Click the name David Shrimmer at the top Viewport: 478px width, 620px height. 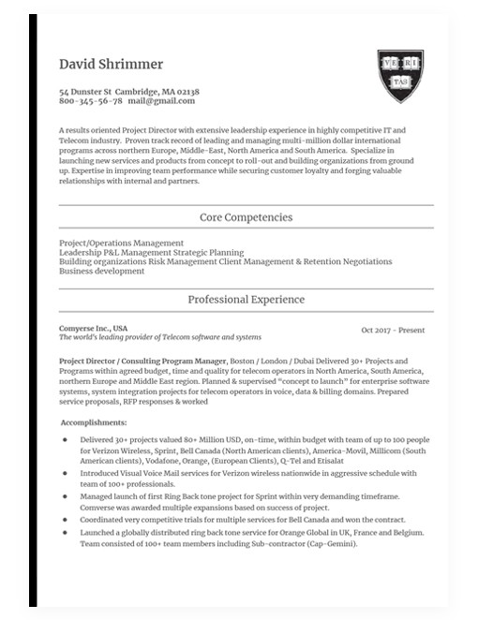pyautogui.click(x=111, y=65)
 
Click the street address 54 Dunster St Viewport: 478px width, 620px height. pyautogui.click(x=85, y=92)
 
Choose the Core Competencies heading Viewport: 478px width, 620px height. pyautogui.click(x=246, y=217)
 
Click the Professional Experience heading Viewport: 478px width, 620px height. pyautogui.click(x=246, y=300)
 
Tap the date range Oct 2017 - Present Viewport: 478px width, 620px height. pyautogui.click(x=393, y=331)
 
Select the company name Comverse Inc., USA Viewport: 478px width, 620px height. pyautogui.click(x=93, y=329)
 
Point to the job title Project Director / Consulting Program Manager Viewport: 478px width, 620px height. pyautogui.click(x=142, y=361)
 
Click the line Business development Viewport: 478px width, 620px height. pyautogui.click(x=101, y=272)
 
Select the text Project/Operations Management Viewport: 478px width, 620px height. pyautogui.click(x=121, y=244)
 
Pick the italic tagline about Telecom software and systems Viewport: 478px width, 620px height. pyautogui.click(x=160, y=337)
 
